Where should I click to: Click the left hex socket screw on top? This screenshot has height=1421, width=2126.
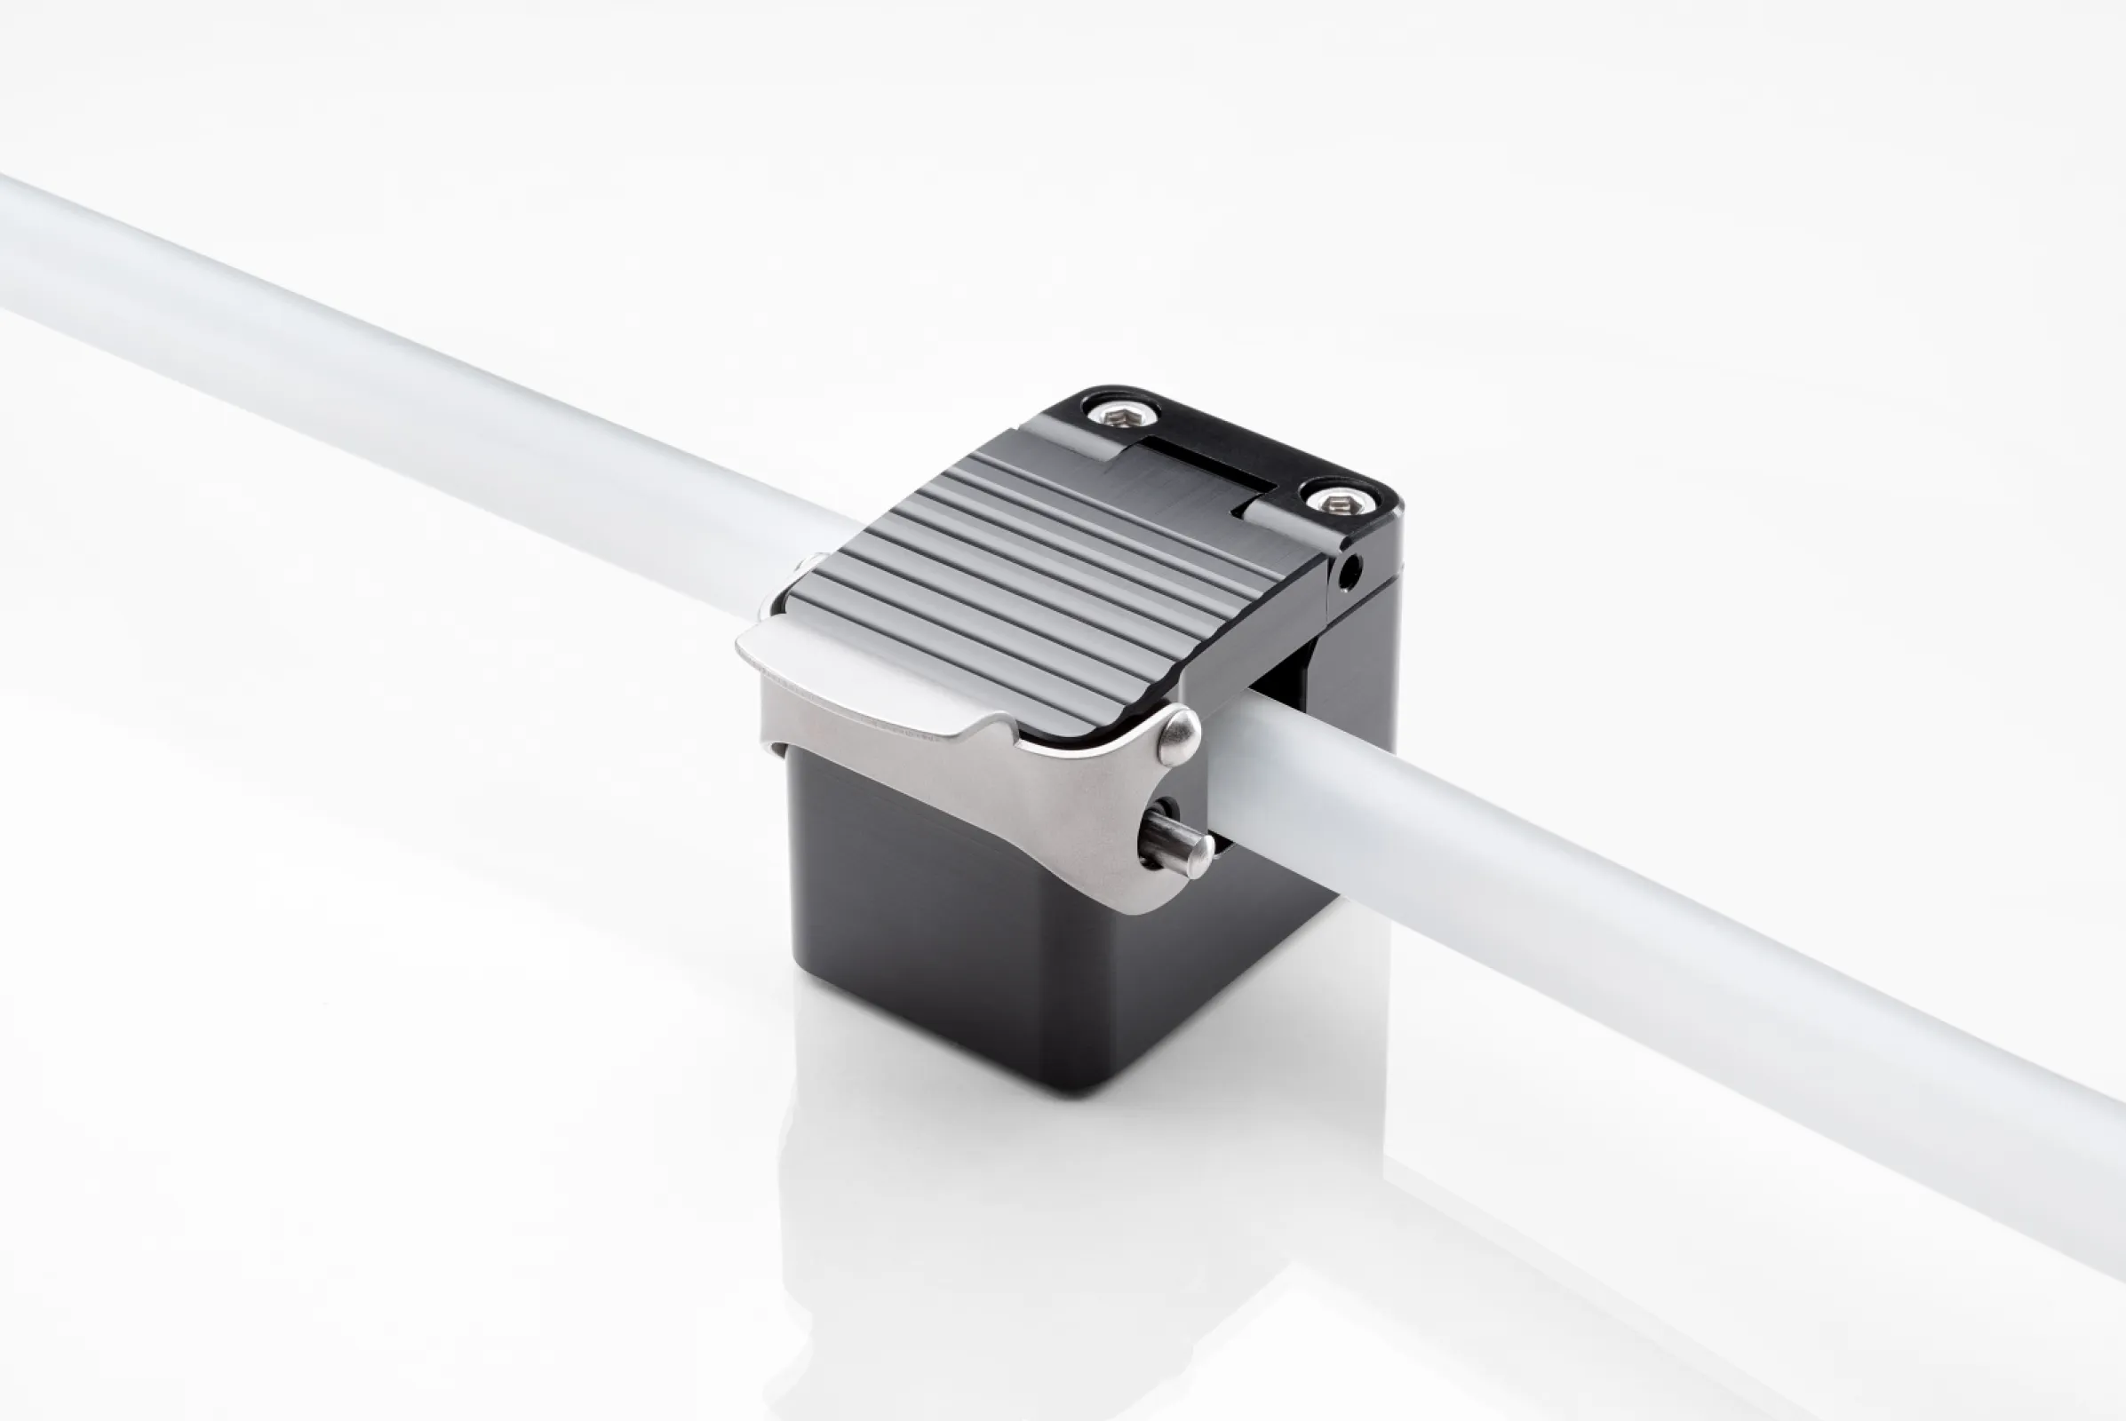point(1124,416)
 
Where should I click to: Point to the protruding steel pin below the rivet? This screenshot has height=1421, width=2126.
point(1177,842)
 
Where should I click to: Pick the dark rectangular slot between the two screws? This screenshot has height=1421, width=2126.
point(1210,468)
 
